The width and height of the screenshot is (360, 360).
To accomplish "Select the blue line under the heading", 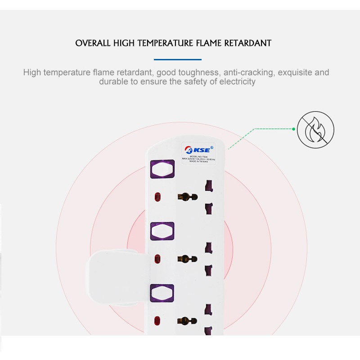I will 177,59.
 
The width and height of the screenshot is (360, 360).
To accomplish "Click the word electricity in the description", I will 234,82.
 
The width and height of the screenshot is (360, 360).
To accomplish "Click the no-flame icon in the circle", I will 315,130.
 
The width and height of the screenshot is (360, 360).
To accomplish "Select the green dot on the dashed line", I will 293,129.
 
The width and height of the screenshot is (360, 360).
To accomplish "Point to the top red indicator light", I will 157,197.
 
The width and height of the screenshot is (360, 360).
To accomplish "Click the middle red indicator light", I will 157,259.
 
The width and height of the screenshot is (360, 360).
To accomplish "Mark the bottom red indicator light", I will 157,321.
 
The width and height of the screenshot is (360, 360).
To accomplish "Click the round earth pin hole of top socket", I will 187,197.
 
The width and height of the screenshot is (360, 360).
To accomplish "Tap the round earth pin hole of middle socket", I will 187,259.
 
